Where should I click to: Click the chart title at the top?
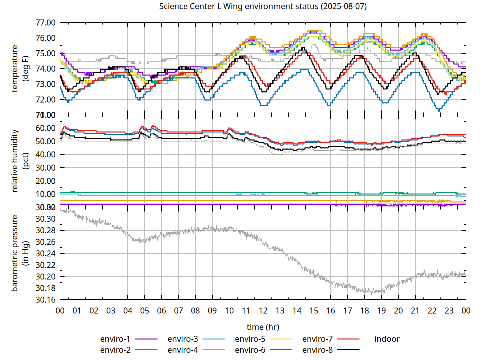click(x=262, y=7)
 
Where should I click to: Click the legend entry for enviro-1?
click(x=115, y=339)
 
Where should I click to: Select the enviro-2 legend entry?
click(x=115, y=350)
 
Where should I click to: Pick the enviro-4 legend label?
click(x=183, y=350)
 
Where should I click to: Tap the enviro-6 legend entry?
click(x=250, y=350)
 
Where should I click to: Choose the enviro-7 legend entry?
click(x=318, y=339)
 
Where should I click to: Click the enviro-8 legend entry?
click(x=318, y=350)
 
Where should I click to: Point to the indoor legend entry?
click(x=387, y=339)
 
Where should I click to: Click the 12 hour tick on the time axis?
click(x=263, y=310)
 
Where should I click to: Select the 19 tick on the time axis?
click(x=381, y=310)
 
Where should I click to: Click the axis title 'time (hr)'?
click(x=263, y=327)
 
